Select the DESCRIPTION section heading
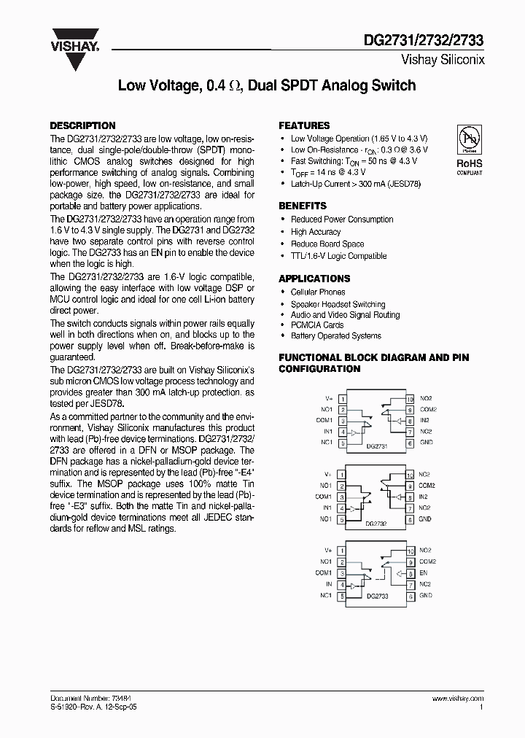(x=82, y=125)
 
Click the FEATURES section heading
(x=304, y=125)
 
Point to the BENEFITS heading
(x=303, y=206)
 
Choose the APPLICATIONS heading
(x=314, y=279)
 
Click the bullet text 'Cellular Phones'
(x=318, y=292)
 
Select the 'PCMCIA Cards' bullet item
(x=316, y=325)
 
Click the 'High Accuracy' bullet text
(x=316, y=232)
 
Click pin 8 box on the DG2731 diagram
(x=410, y=421)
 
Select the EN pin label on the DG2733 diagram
(x=423, y=573)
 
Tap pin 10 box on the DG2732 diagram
(x=410, y=475)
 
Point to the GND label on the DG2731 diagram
(x=426, y=443)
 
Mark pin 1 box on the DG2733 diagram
(x=341, y=551)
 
